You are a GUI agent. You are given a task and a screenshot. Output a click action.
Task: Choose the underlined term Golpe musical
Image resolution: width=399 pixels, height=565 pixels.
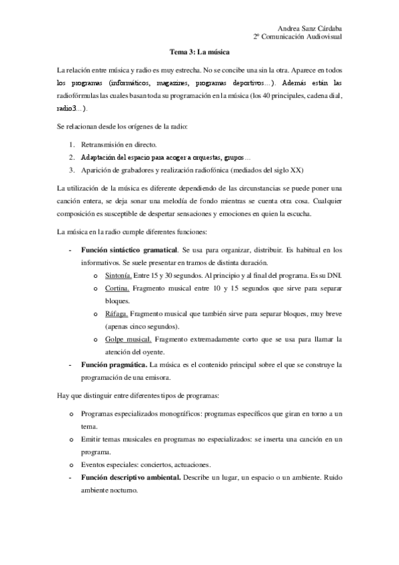coord(129,339)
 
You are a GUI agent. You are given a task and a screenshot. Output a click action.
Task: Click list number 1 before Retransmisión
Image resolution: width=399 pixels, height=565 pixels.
coord(72,144)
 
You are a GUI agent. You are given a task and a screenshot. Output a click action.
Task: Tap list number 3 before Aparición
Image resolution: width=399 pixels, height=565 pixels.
coord(72,169)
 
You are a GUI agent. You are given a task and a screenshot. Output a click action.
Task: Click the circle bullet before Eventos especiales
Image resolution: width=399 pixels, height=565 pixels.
coord(71,464)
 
